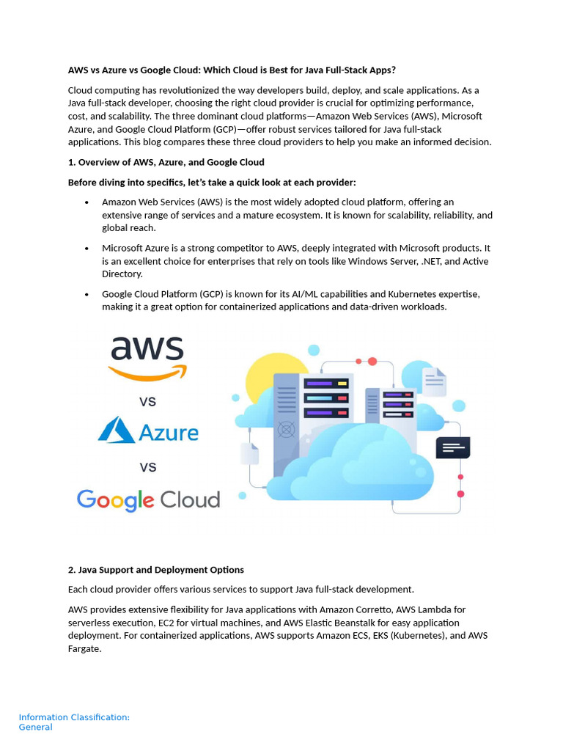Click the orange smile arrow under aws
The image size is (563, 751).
point(147,373)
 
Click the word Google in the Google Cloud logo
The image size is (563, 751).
point(116,500)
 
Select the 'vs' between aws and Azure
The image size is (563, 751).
point(147,401)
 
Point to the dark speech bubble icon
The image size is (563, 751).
point(452,447)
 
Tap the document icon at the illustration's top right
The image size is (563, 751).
point(434,381)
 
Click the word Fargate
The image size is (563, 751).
point(85,648)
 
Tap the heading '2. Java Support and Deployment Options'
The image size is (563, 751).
point(156,570)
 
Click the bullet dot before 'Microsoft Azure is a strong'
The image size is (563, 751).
point(87,249)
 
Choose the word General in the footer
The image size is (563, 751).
point(36,728)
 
